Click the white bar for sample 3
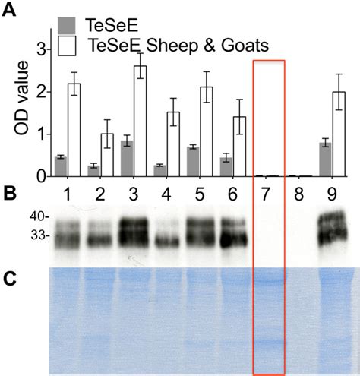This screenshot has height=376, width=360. click(139, 122)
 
